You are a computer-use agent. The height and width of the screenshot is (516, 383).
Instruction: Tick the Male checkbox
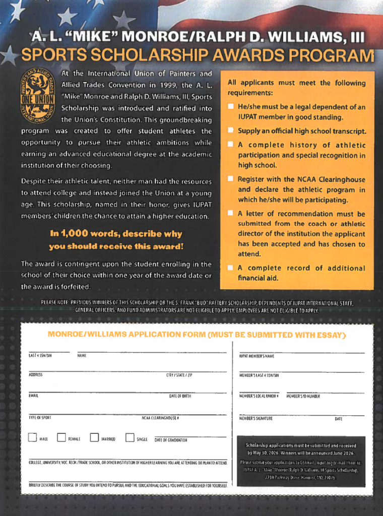click(32, 437)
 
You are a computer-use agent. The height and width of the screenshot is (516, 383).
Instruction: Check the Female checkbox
click(61, 437)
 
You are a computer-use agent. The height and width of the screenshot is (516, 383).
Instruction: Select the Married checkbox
click(94, 437)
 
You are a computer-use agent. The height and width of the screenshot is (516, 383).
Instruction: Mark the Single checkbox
click(130, 437)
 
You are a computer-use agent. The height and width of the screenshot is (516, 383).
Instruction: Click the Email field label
click(34, 396)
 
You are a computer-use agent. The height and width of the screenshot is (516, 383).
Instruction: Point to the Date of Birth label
click(180, 396)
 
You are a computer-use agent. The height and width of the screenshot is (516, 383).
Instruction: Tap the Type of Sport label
click(40, 418)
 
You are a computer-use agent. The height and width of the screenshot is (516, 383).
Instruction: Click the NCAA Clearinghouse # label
click(160, 418)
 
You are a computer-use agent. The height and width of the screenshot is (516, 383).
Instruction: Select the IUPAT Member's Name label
click(257, 356)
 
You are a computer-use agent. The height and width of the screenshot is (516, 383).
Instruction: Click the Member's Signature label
click(256, 418)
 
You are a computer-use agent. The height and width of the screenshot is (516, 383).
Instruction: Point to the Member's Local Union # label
click(259, 396)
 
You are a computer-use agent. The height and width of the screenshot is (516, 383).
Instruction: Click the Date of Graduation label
click(171, 440)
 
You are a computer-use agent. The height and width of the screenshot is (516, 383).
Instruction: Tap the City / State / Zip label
click(179, 375)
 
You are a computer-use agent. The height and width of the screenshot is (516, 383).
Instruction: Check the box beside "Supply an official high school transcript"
click(230, 131)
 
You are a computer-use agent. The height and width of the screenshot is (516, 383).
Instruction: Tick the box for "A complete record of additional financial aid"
click(230, 268)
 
